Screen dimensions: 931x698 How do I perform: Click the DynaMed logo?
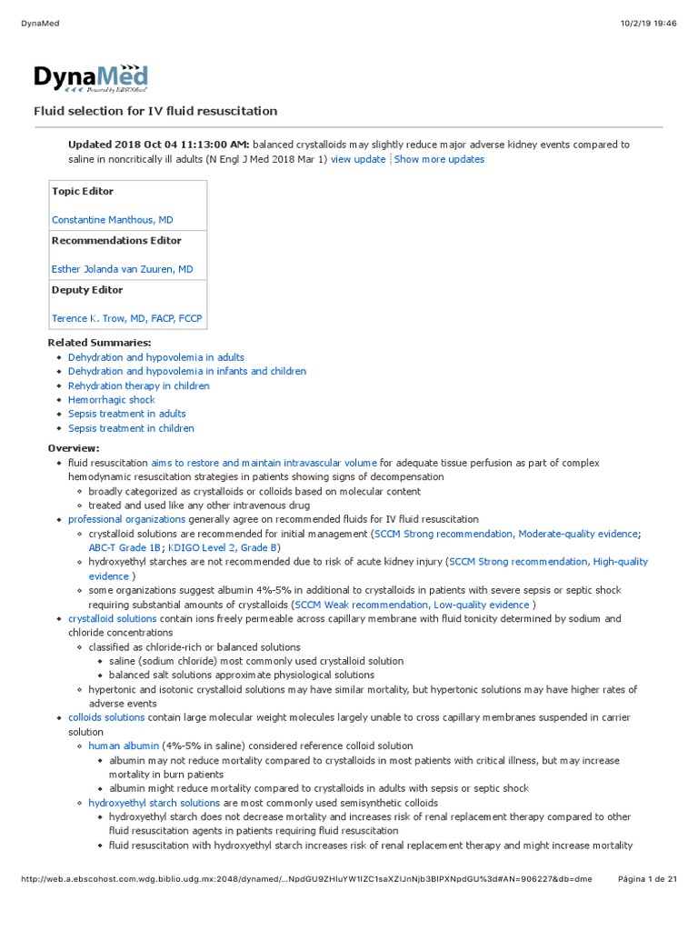[x=90, y=78]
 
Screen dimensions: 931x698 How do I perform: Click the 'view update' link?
[x=357, y=159]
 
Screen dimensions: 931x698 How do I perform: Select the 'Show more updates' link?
[x=439, y=159]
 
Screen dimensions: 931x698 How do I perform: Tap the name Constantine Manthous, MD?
[x=112, y=220]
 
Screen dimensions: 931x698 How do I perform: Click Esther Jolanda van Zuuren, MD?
[x=122, y=269]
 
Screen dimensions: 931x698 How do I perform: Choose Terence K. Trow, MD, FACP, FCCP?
[x=126, y=318]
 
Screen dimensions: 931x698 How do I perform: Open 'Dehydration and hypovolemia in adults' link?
[x=155, y=357]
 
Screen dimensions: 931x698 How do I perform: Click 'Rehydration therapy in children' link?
[x=138, y=385]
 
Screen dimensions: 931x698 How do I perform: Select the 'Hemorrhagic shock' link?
[x=111, y=400]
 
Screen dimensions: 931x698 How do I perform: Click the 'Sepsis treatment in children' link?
[x=131, y=428]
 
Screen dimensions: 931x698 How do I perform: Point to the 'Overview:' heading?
[x=74, y=448]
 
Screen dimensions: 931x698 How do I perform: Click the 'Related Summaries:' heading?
[x=99, y=343]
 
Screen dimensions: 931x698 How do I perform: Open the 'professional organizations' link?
[x=126, y=519]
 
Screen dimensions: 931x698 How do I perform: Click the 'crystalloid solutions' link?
[x=112, y=618]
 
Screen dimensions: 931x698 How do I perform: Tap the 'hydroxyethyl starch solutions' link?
[x=154, y=803]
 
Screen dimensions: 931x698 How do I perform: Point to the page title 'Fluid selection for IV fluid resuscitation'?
[x=155, y=111]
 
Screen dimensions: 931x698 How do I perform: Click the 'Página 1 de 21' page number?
[x=647, y=878]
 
